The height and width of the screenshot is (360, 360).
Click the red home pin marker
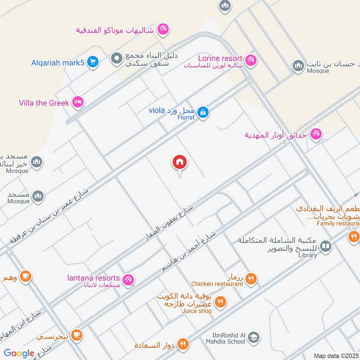click(x=180, y=162)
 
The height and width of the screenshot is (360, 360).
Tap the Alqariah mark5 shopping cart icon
click(x=93, y=62)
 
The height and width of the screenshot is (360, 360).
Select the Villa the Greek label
click(x=44, y=103)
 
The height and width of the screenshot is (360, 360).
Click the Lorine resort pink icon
click(x=251, y=59)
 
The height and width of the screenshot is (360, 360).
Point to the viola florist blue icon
click(x=203, y=111)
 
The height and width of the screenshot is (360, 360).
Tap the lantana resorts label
click(x=94, y=278)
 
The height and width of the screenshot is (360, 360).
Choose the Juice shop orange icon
click(x=220, y=302)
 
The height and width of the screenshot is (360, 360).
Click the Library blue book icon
click(x=326, y=246)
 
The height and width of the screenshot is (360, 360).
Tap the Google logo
click(x=18, y=353)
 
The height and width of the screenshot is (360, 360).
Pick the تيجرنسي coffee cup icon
click(x=77, y=334)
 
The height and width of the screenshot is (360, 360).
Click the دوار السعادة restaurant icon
click(x=183, y=344)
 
